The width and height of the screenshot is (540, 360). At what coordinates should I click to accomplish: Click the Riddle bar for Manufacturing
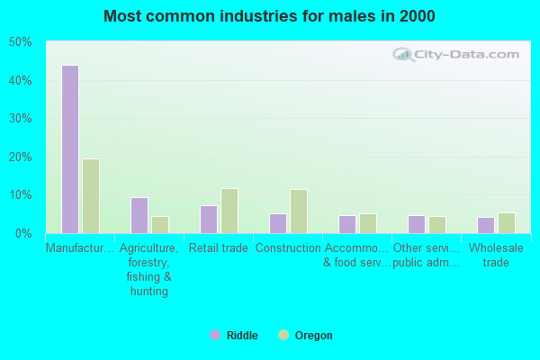click(x=69, y=149)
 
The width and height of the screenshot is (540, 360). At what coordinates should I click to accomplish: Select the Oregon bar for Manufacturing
click(x=91, y=196)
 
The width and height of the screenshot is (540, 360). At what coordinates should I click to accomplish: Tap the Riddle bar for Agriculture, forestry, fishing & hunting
click(x=139, y=215)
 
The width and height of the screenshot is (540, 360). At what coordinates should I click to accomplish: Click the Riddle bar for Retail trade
click(x=208, y=219)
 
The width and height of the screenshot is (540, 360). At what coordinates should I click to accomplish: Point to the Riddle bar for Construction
click(x=277, y=223)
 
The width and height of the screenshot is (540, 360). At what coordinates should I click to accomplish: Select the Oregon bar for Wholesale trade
click(x=507, y=223)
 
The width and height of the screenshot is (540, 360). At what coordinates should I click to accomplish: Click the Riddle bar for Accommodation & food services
click(x=346, y=224)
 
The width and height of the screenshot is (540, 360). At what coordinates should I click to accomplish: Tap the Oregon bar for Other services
click(x=437, y=224)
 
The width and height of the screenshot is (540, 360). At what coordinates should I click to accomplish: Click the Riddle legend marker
click(x=215, y=336)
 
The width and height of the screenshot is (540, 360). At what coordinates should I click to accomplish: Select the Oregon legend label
click(x=313, y=336)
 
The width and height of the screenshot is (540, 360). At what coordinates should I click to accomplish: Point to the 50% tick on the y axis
click(x=20, y=42)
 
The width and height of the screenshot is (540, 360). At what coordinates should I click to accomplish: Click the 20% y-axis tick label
click(x=20, y=157)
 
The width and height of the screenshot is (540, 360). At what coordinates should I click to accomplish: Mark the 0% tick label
click(x=23, y=234)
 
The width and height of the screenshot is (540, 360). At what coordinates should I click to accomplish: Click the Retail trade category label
click(x=219, y=248)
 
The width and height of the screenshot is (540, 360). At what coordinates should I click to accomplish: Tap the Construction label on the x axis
click(x=288, y=248)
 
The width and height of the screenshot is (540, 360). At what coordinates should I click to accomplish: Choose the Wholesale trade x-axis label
click(x=496, y=256)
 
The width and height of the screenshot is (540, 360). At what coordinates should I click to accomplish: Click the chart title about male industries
click(x=269, y=16)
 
